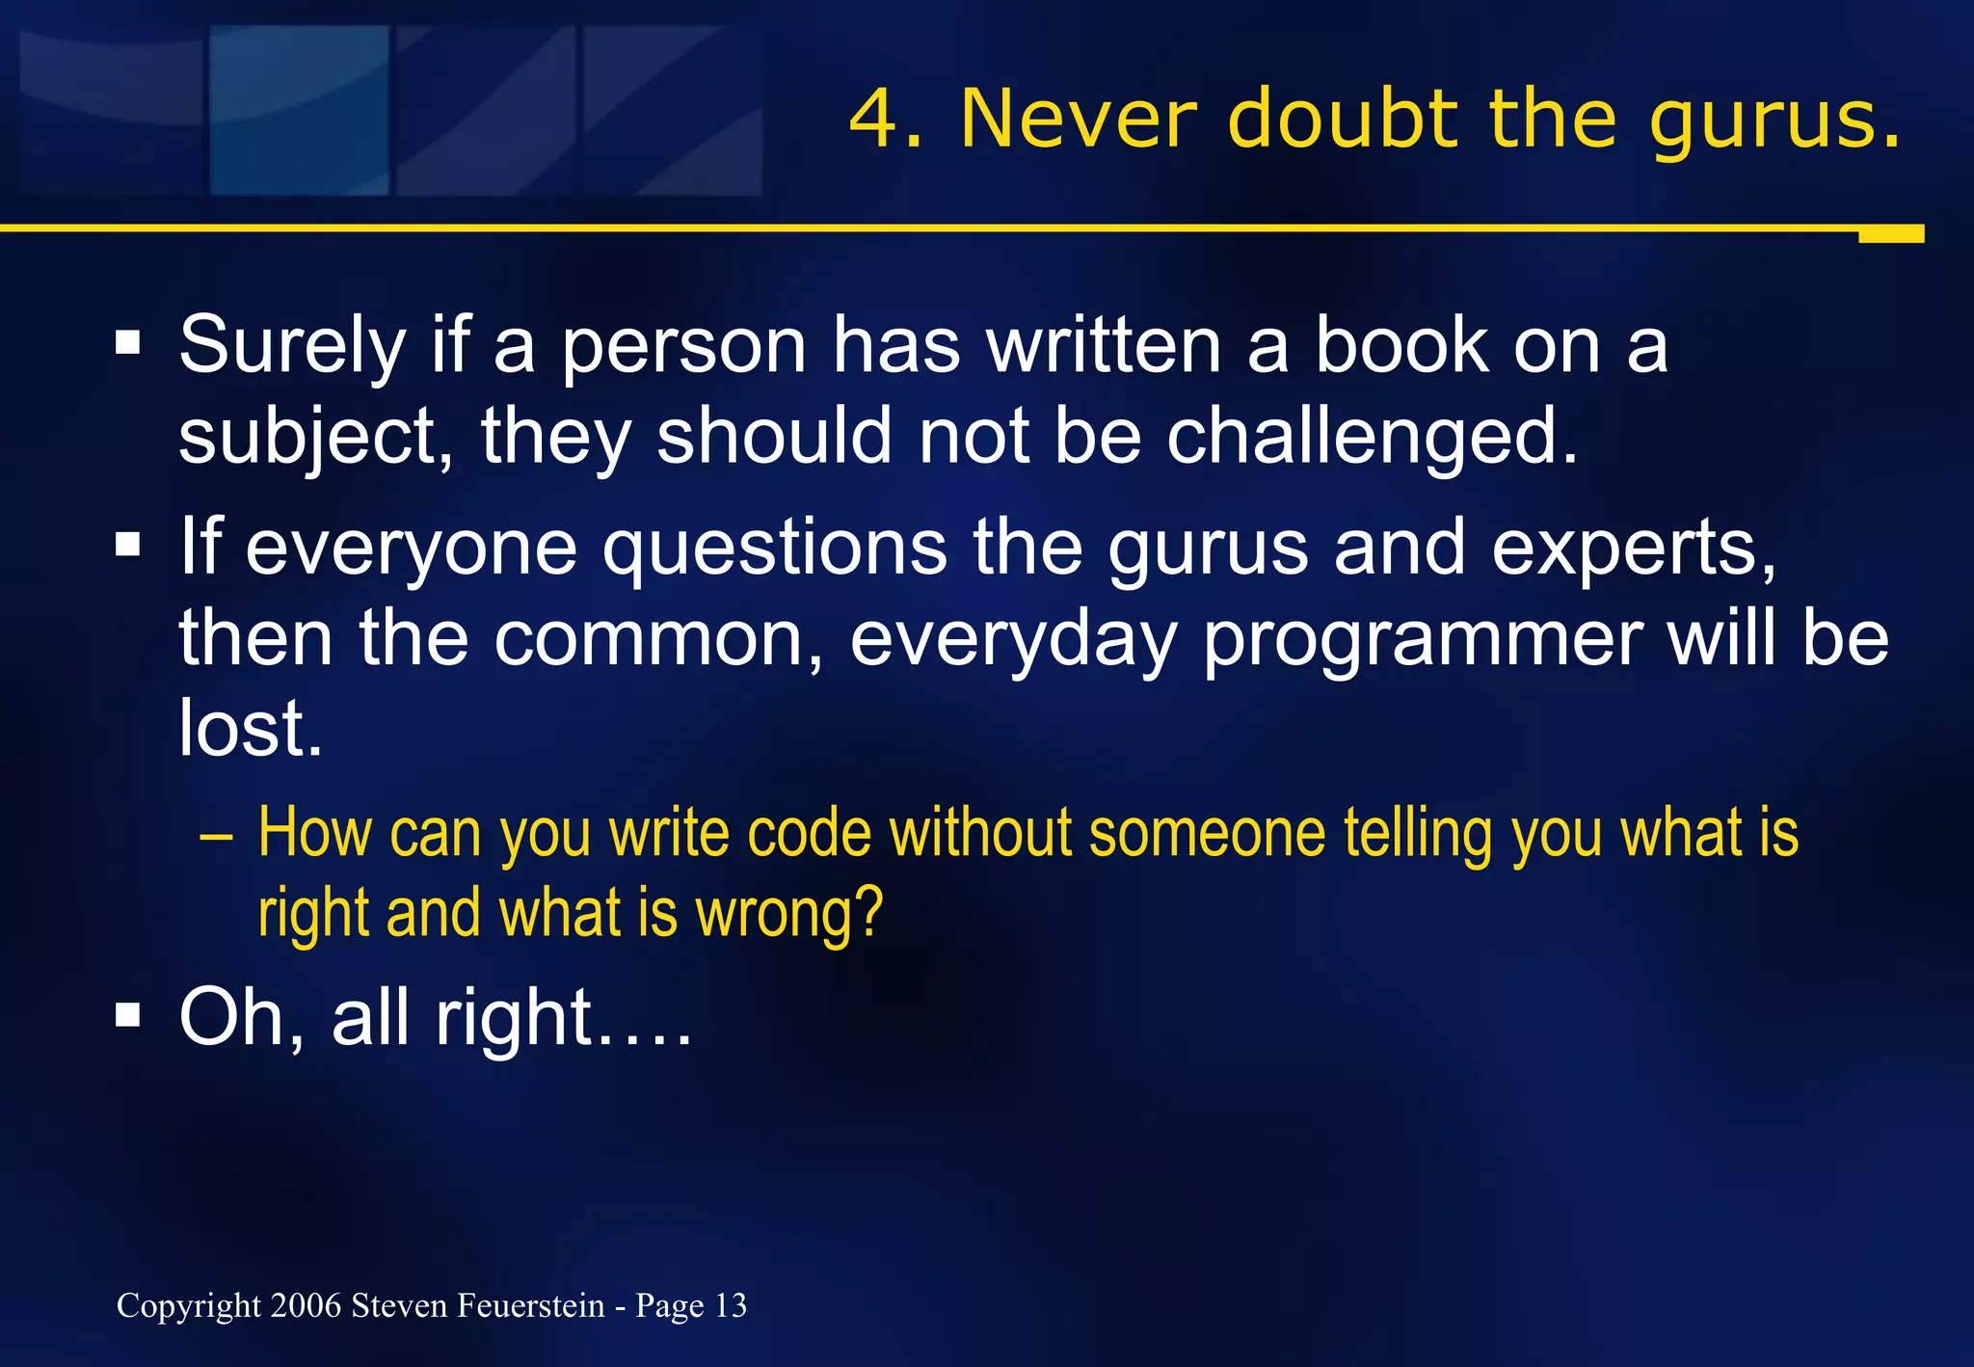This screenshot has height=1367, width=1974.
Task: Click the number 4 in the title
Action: click(872, 120)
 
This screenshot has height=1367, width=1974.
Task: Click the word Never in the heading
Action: click(1079, 120)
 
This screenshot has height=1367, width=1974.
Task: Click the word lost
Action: click(250, 729)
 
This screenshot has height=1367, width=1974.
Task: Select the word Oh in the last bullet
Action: click(241, 1019)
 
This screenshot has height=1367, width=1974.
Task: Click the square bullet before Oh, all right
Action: click(127, 1015)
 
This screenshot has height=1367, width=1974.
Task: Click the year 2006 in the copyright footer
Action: click(306, 1305)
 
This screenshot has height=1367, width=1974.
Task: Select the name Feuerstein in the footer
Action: click(530, 1305)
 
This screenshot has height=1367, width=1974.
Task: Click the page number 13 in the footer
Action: click(731, 1305)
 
